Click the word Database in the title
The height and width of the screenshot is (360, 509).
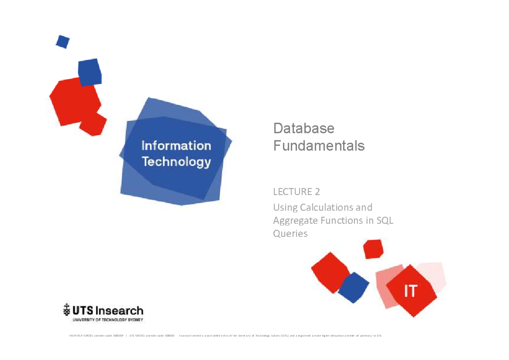(304, 128)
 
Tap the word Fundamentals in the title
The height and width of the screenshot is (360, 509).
(319, 146)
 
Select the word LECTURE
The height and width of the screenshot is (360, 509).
(292, 192)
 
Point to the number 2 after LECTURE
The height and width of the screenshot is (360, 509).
(317, 192)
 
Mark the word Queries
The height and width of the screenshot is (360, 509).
(290, 234)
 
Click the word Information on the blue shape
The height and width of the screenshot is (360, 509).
(176, 146)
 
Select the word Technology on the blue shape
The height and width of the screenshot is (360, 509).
(176, 162)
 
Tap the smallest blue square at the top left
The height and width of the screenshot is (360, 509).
(62, 42)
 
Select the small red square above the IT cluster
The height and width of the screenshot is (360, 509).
(373, 249)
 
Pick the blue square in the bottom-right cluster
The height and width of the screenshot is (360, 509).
(353, 287)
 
